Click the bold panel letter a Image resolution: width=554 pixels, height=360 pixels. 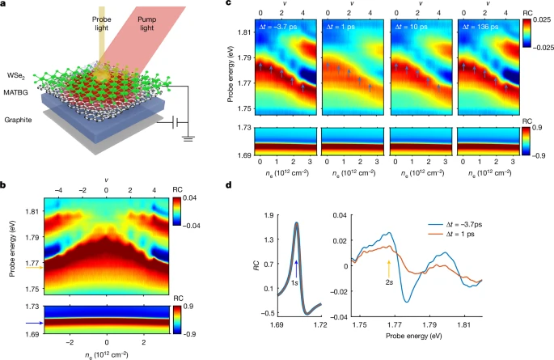click(x=6, y=6)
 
